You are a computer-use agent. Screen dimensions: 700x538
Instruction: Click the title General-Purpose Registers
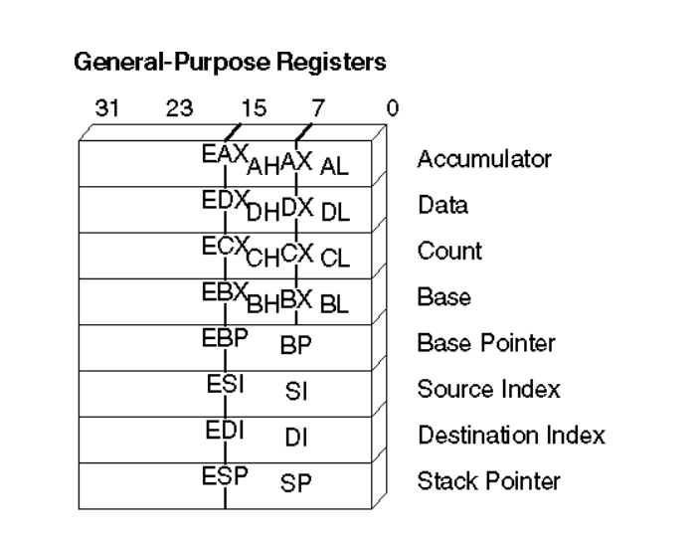(x=230, y=62)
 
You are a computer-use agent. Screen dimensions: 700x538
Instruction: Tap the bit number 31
(x=107, y=108)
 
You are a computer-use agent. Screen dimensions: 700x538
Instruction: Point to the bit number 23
(x=179, y=108)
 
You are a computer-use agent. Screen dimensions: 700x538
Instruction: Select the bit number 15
(x=254, y=108)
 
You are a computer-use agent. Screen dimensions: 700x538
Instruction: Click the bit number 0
(x=393, y=108)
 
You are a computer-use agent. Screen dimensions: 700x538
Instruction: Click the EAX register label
(x=225, y=154)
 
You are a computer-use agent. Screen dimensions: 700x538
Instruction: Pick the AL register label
(x=334, y=167)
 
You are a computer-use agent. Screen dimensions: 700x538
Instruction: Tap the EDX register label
(x=225, y=200)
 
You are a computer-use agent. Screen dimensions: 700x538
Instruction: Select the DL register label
(x=335, y=213)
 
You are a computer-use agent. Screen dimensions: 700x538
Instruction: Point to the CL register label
(x=335, y=259)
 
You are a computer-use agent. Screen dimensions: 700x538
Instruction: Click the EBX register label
(x=225, y=292)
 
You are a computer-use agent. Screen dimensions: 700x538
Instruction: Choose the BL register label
(x=334, y=305)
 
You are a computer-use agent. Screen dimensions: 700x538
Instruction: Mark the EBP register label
(x=225, y=338)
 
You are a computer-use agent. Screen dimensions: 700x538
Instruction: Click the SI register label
(x=296, y=392)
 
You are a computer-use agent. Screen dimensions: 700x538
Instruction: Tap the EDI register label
(x=225, y=431)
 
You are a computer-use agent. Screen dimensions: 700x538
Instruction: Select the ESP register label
(x=225, y=476)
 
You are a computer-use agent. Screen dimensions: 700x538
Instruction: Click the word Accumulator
(x=484, y=159)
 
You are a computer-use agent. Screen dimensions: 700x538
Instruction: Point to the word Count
(x=449, y=251)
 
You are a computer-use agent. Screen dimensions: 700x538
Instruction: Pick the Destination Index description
(x=512, y=435)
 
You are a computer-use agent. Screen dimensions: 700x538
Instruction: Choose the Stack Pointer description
(x=489, y=481)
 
